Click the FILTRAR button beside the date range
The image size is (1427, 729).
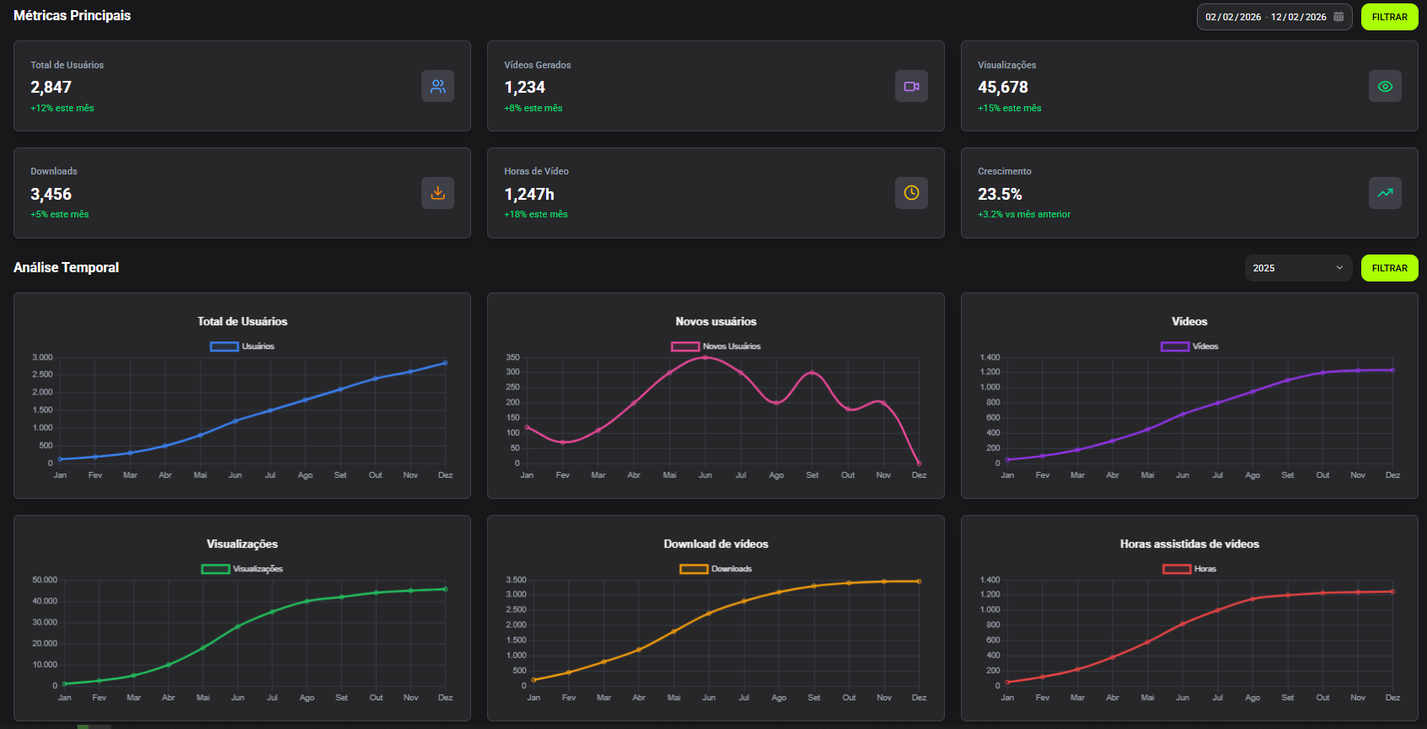(1389, 17)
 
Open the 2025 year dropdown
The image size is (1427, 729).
(1298, 268)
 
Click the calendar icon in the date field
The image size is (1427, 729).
(1338, 17)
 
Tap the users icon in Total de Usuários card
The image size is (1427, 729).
(437, 86)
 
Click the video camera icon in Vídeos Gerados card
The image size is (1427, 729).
(911, 86)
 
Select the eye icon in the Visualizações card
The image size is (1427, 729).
(1385, 86)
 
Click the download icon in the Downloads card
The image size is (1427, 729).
(437, 193)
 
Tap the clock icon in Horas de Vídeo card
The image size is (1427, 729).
(911, 193)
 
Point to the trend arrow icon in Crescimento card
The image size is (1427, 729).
(1385, 193)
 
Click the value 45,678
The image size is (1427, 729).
(1003, 88)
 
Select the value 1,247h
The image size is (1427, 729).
(529, 195)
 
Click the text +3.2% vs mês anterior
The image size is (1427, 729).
(1024, 215)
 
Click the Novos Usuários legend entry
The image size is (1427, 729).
(716, 346)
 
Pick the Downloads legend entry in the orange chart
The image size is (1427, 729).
(716, 569)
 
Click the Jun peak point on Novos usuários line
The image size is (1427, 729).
(705, 357)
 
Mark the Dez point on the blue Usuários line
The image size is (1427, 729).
(445, 363)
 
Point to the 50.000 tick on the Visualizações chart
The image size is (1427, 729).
(45, 580)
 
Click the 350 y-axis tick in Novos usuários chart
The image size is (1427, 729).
(512, 357)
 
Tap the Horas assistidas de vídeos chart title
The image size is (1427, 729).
(1189, 544)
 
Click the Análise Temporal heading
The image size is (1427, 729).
(67, 268)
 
